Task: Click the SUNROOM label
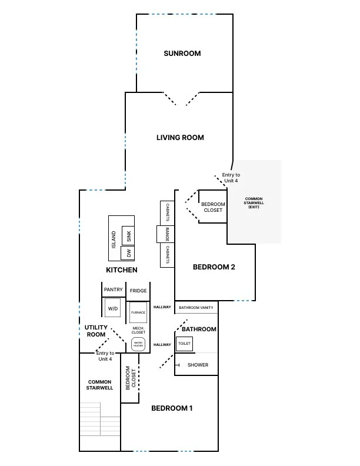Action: tap(182, 54)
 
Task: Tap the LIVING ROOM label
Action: tap(180, 138)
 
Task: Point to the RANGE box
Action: tap(167, 234)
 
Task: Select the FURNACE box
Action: tap(138, 312)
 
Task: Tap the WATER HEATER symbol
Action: tap(138, 344)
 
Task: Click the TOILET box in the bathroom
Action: tap(184, 343)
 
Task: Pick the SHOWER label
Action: tap(198, 365)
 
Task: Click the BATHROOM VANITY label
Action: tap(196, 308)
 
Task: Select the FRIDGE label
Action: tap(138, 291)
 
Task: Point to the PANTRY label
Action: tap(113, 290)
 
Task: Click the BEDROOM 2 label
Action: tap(214, 267)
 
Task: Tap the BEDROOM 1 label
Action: tap(172, 408)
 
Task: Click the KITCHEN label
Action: tap(122, 270)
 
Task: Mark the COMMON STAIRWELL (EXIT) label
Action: tap(254, 203)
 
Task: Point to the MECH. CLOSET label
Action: tap(139, 329)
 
